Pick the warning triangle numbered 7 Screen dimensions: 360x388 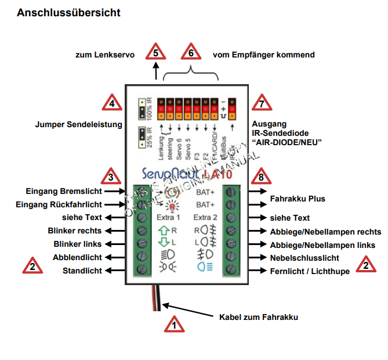tap(263, 103)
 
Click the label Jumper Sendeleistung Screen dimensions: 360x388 tap(71, 124)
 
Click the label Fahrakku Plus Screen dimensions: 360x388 tap(298, 199)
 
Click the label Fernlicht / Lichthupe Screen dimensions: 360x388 tap(310, 271)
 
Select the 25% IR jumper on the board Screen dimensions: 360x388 tap(142, 136)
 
